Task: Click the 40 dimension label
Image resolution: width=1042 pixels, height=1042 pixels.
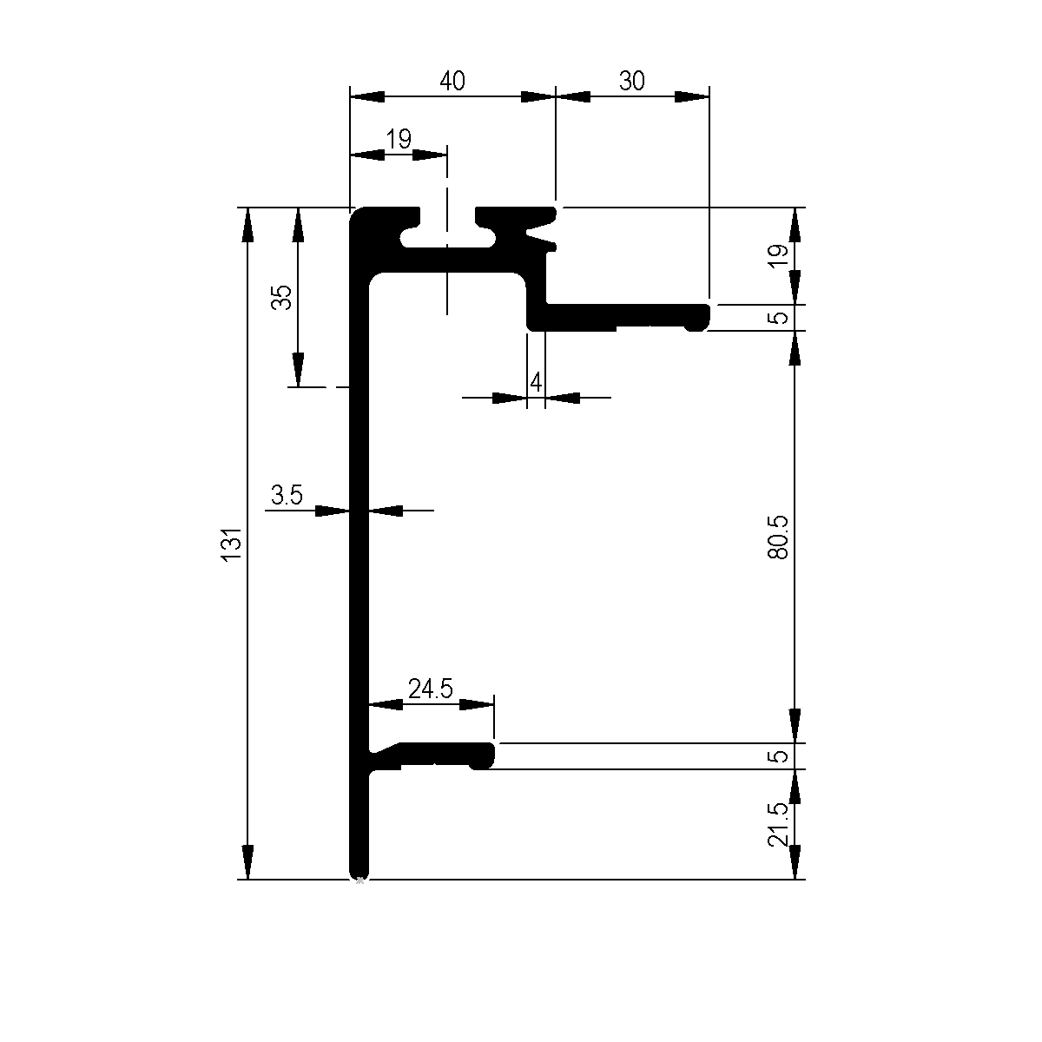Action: pyautogui.click(x=452, y=81)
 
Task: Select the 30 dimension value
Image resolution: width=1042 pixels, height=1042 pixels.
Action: pyautogui.click(x=632, y=81)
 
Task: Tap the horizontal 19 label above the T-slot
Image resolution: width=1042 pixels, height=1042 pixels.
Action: pyautogui.click(x=399, y=139)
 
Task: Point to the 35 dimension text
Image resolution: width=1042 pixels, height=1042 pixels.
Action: pyautogui.click(x=281, y=297)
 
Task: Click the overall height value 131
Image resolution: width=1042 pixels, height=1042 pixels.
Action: pyautogui.click(x=231, y=544)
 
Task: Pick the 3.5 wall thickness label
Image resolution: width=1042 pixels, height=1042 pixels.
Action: pyautogui.click(x=287, y=496)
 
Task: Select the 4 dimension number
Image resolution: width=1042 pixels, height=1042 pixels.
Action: pyautogui.click(x=536, y=381)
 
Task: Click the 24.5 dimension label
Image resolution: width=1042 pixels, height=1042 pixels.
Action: pyautogui.click(x=431, y=689)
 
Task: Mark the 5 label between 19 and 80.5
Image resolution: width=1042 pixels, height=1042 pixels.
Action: pyautogui.click(x=780, y=317)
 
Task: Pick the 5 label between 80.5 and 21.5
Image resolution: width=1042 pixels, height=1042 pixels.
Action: pyautogui.click(x=780, y=755)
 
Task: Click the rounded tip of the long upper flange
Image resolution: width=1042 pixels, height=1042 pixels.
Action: pyautogui.click(x=703, y=317)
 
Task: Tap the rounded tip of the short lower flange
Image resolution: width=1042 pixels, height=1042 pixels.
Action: pyautogui.click(x=488, y=755)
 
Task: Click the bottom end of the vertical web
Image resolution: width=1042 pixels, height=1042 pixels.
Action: pyautogui.click(x=359, y=871)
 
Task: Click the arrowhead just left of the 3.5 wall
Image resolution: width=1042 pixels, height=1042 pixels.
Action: pyautogui.click(x=333, y=511)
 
